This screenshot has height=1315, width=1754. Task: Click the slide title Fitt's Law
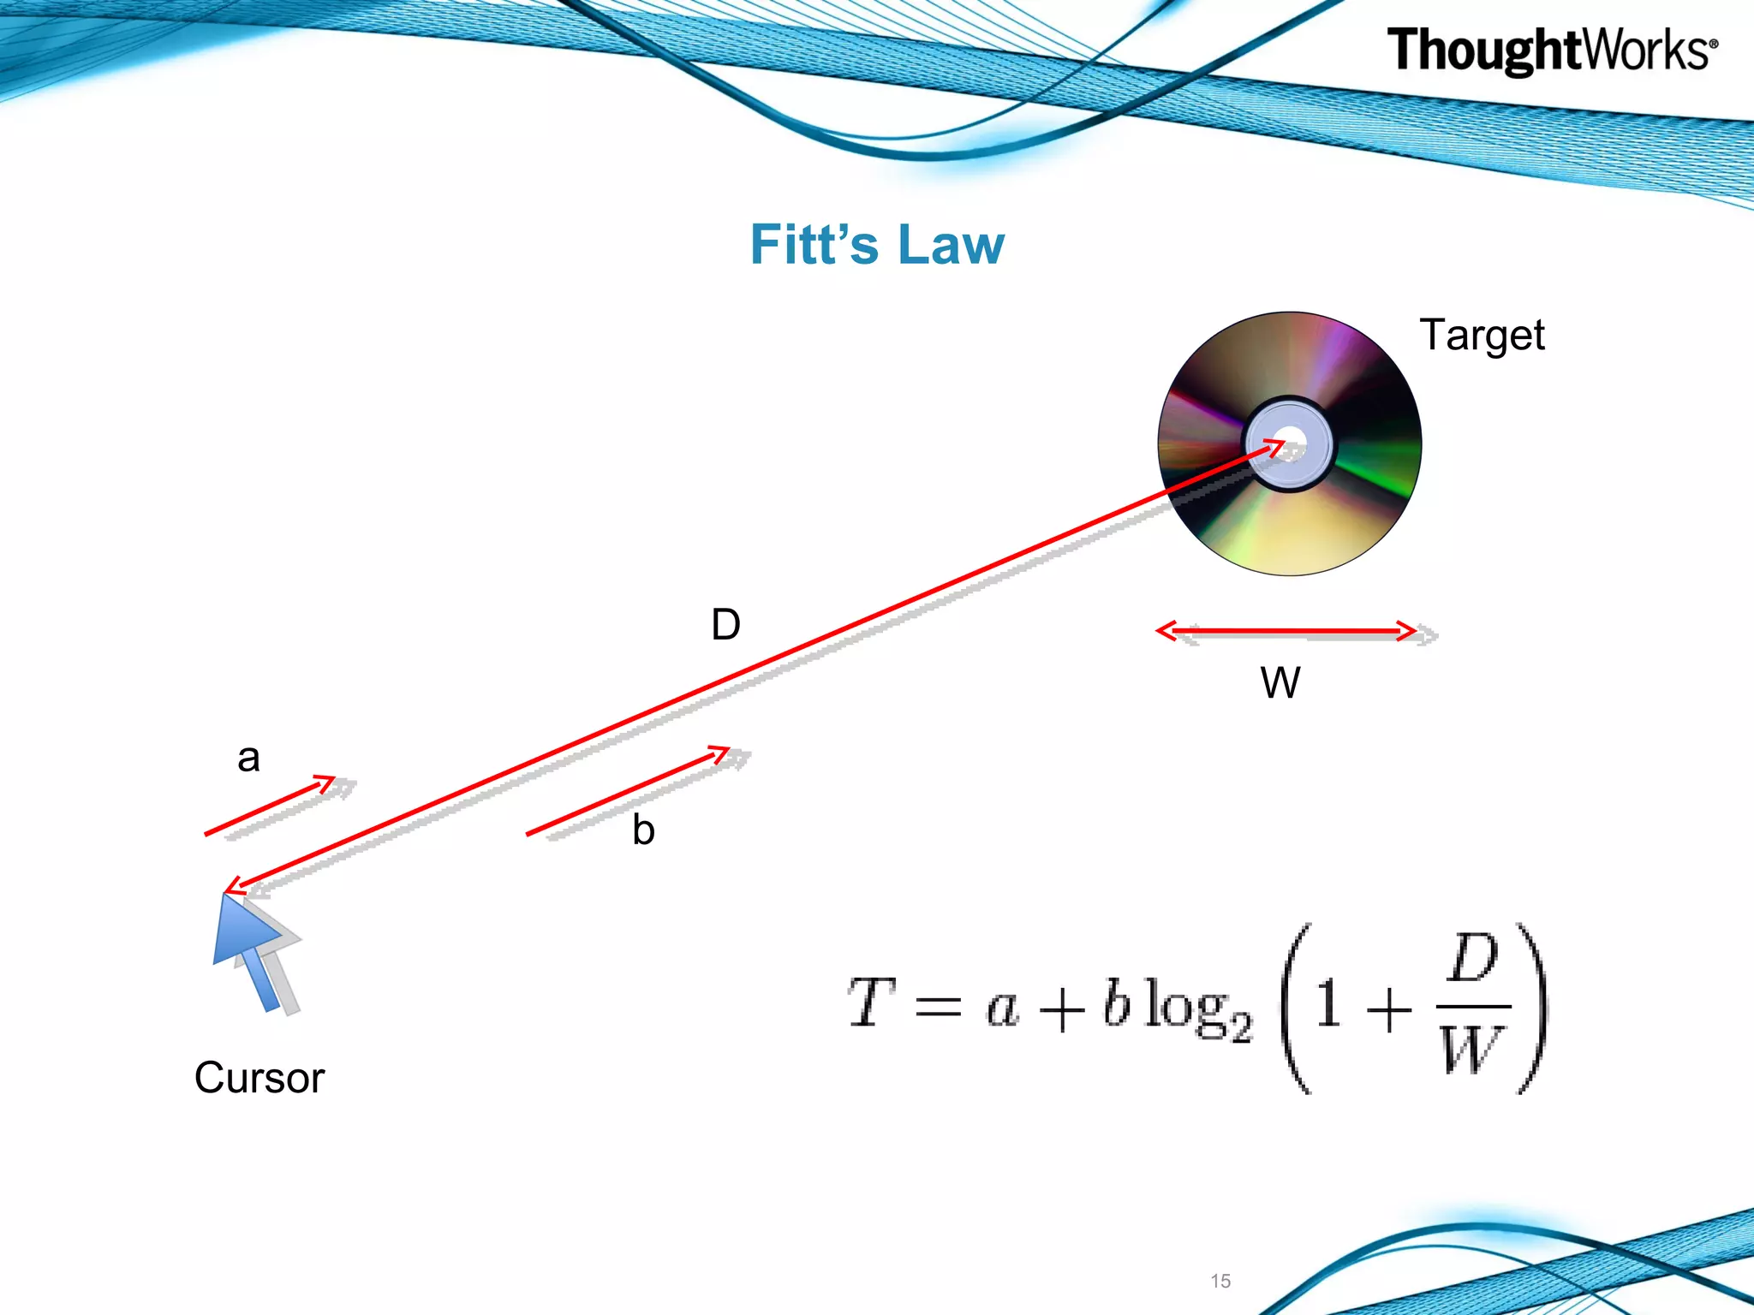(x=877, y=245)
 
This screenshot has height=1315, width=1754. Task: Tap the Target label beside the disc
(x=1482, y=335)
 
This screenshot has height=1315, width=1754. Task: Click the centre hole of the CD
(x=1290, y=443)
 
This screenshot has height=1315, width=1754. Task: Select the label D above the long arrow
(x=725, y=624)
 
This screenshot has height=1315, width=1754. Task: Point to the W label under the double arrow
(x=1280, y=683)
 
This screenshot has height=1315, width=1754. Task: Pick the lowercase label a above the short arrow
(x=248, y=758)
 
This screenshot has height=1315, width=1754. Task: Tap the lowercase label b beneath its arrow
(x=643, y=830)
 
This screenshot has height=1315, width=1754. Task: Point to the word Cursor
(x=260, y=1077)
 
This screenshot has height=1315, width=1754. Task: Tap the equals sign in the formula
(x=938, y=1008)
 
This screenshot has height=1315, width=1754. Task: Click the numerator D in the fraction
(x=1472, y=959)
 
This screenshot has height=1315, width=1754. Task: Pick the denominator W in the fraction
(x=1471, y=1049)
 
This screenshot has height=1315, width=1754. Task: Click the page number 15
(x=1220, y=1281)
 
